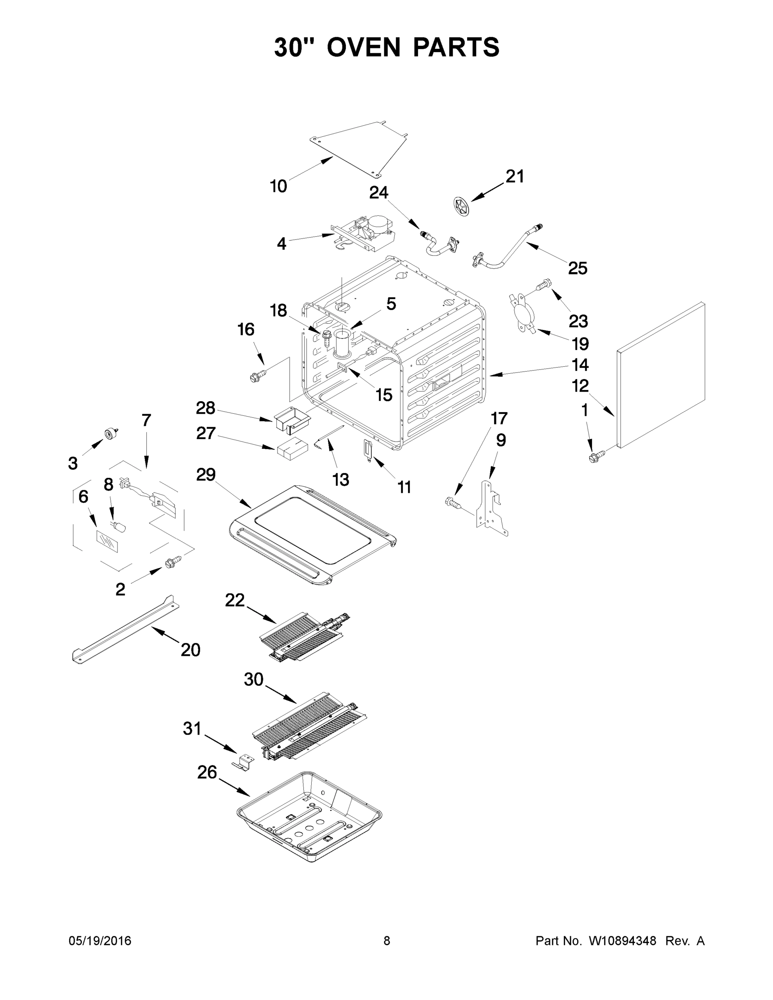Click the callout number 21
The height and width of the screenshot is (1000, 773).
pyautogui.click(x=514, y=176)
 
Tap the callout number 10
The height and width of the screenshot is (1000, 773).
pyautogui.click(x=278, y=186)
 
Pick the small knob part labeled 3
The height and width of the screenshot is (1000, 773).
pyautogui.click(x=110, y=433)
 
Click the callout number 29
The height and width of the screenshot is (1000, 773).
pyautogui.click(x=205, y=474)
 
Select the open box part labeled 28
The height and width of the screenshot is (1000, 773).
pyautogui.click(x=292, y=418)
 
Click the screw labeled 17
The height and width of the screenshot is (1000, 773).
pyautogui.click(x=454, y=503)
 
